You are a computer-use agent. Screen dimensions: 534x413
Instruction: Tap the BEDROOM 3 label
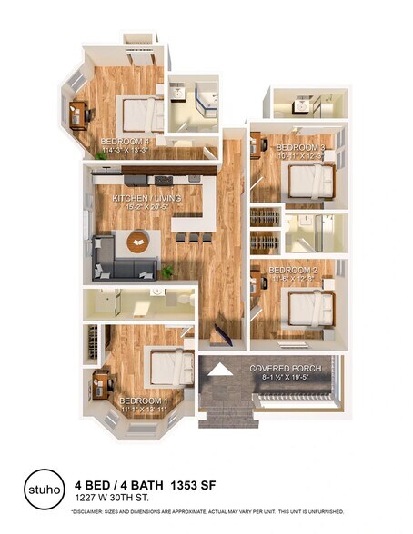pos(300,147)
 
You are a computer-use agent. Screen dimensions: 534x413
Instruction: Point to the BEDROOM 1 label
pos(143,400)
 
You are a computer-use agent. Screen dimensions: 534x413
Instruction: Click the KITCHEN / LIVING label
pos(146,198)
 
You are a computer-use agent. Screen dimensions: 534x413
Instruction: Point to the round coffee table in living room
pos(137,242)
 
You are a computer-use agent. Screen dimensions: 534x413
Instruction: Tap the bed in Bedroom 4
pos(143,114)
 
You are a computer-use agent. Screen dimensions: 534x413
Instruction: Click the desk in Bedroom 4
pos(78,113)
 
